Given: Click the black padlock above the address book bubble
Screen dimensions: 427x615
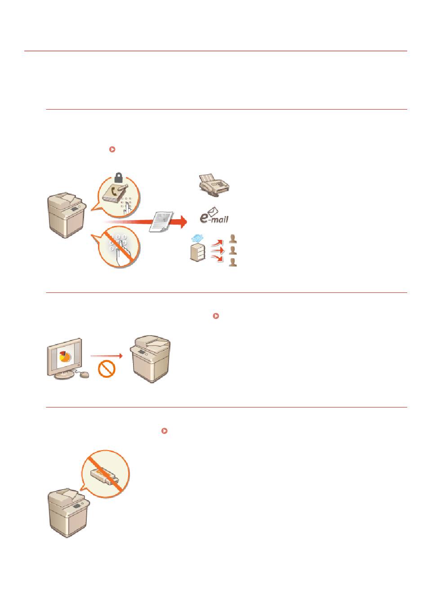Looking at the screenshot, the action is tap(118, 177).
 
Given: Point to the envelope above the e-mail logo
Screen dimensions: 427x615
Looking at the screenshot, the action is tap(213, 211).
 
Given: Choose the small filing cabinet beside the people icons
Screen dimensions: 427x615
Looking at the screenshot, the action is tap(198, 252).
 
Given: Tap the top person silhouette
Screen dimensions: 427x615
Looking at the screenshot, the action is tap(233, 238).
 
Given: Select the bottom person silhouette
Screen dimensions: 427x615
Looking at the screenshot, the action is tap(233, 262).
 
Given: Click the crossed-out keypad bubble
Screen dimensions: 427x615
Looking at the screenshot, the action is tap(119, 246).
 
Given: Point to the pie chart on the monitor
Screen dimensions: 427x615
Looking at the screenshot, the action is tap(65, 356).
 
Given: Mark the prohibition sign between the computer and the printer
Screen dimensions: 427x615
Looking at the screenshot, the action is tap(107, 369).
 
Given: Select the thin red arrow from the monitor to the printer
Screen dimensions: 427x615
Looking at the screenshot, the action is tap(107, 356).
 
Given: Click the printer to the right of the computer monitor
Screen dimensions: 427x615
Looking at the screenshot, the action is tap(150, 358).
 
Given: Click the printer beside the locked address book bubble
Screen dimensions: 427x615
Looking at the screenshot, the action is tap(67, 215).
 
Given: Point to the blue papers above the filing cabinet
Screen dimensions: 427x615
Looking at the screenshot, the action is tap(197, 238).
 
